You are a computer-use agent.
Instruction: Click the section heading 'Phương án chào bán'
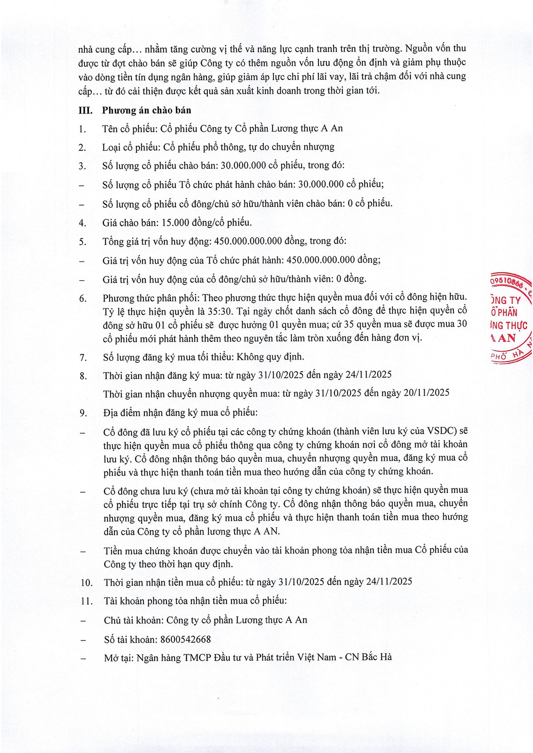147,111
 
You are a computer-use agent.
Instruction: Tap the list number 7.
83,357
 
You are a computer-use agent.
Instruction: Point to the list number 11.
87,602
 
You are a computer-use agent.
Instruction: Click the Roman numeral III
85,111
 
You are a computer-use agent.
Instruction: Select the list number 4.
83,223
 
